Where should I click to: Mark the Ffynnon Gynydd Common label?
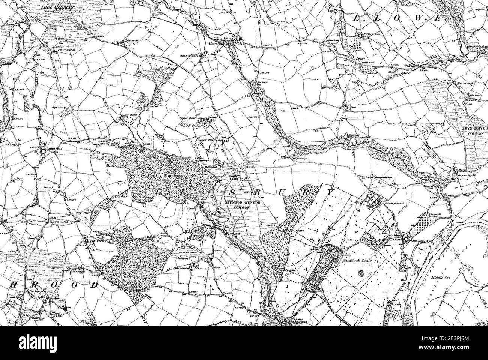(236, 204)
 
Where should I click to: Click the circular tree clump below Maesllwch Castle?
(363, 273)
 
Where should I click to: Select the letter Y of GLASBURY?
(330, 192)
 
